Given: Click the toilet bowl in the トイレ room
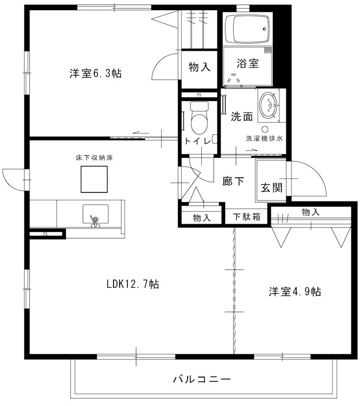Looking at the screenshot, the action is (x=199, y=118).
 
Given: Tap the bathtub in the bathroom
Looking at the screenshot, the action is (x=247, y=29).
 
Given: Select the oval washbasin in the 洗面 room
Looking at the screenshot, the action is (x=268, y=106).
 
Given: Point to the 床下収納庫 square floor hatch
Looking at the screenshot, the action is (x=94, y=179).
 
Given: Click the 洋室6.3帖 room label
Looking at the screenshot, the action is (x=96, y=74).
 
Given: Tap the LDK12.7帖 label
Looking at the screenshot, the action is (x=133, y=284).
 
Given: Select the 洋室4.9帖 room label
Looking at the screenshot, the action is (x=295, y=292).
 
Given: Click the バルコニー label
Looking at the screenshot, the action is (x=202, y=380).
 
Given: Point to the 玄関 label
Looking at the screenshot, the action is (x=272, y=188).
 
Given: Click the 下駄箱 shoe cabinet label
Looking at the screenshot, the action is (x=247, y=217).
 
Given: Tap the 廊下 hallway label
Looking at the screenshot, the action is (x=233, y=181).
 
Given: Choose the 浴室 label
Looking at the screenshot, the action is (x=248, y=63).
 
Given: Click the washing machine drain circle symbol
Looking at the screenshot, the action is (x=265, y=129).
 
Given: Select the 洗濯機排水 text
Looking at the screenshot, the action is (x=264, y=139).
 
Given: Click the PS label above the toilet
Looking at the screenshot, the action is (x=199, y=95).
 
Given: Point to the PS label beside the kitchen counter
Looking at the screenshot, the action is (x=46, y=234).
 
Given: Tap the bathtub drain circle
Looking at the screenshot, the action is (x=264, y=29).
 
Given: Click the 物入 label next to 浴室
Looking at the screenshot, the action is (x=199, y=67).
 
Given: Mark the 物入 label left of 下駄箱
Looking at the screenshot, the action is (x=202, y=218).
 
